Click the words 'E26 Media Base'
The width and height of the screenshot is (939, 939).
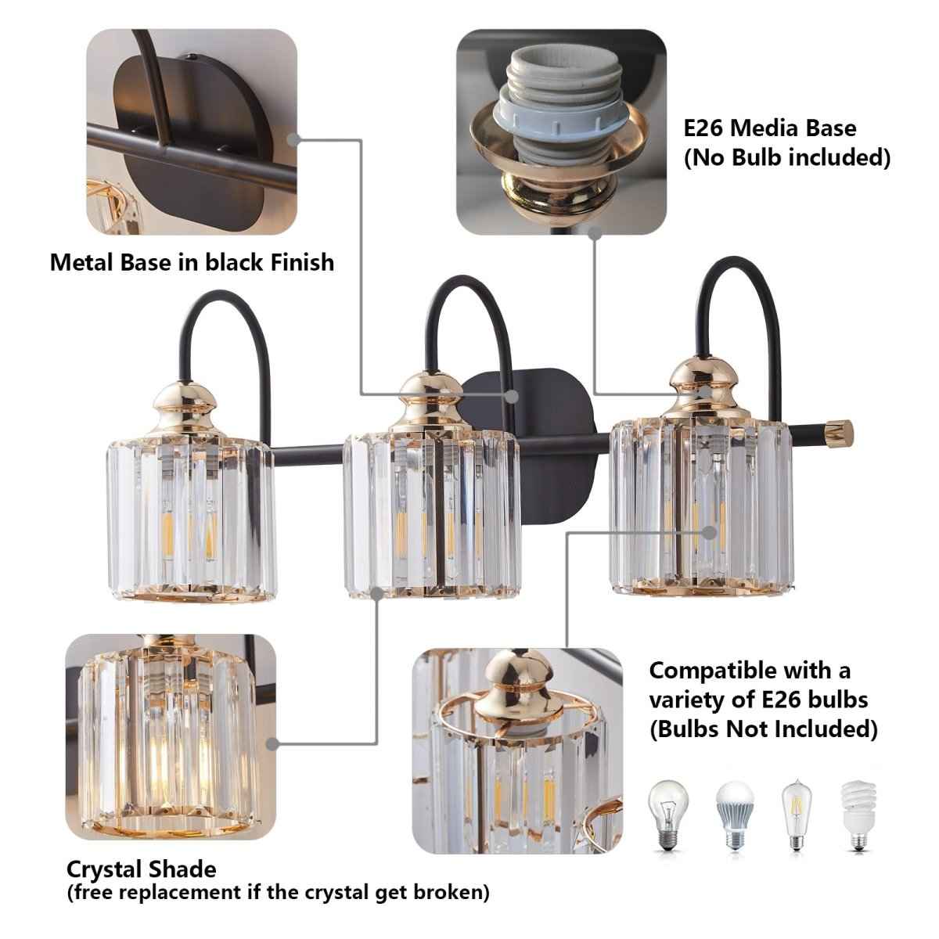click(770, 128)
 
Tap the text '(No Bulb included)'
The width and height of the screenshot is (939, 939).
click(787, 158)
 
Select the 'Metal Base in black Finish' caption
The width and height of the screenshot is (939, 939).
click(192, 261)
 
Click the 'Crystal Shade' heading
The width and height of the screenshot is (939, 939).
click(141, 869)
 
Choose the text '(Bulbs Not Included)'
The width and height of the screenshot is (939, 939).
click(763, 729)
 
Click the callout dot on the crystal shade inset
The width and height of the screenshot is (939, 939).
click(272, 744)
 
